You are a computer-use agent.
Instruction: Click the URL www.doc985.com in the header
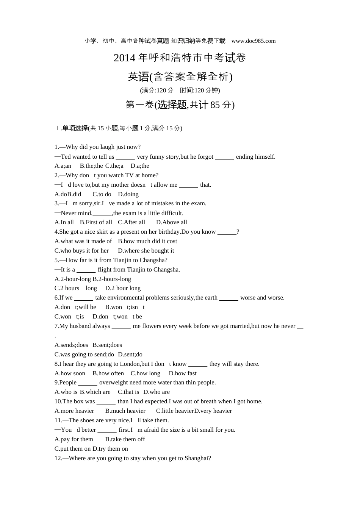[x=253, y=41]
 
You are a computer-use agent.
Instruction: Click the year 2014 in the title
[x=124, y=58]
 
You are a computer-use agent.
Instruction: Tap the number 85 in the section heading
[x=215, y=105]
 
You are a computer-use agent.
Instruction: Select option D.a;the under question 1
[x=140, y=166]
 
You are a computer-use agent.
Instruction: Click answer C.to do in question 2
[x=102, y=194]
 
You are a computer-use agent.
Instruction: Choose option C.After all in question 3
[x=131, y=222]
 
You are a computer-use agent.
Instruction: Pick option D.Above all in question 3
[x=172, y=222]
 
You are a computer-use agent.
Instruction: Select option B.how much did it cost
[x=147, y=241]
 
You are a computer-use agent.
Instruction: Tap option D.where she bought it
[x=146, y=251]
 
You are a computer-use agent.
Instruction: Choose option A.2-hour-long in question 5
[x=73, y=279]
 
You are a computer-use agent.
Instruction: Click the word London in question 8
[x=130, y=364]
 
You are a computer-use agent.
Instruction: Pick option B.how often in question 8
[x=108, y=373]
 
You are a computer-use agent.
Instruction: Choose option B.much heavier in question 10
[x=125, y=411]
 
